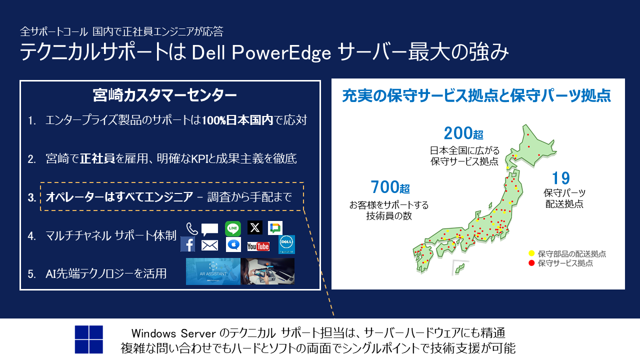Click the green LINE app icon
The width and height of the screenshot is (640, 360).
click(x=233, y=228)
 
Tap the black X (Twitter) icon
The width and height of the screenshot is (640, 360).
click(x=255, y=227)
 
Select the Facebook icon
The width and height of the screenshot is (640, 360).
click(x=188, y=244)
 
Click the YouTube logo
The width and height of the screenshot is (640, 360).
click(x=258, y=246)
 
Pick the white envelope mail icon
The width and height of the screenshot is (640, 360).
click(x=209, y=245)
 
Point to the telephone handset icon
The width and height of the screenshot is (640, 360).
click(x=192, y=228)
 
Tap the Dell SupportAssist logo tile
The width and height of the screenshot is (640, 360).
click(x=286, y=244)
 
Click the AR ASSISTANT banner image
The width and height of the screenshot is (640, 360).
click(x=213, y=271)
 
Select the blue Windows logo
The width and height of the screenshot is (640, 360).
click(x=89, y=339)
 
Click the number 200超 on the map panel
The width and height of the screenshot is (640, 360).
click(x=463, y=133)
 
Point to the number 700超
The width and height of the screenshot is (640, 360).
click(x=390, y=187)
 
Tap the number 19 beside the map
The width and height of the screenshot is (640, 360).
click(x=560, y=178)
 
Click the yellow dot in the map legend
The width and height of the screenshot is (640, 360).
click(x=531, y=253)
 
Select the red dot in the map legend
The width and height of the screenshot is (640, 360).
click(x=531, y=263)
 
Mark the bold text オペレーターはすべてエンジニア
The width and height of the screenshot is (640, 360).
click(x=119, y=197)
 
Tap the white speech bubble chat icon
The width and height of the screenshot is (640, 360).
click(x=209, y=229)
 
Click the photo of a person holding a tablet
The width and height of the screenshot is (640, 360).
click(x=268, y=271)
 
